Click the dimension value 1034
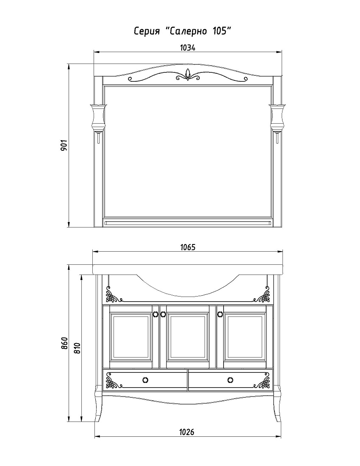tap(188, 47)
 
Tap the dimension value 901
tap(64, 145)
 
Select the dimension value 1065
tap(188, 247)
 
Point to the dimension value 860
tap(65, 343)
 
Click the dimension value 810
tap(77, 348)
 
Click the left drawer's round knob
tap(145, 380)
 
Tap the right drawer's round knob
tap(230, 380)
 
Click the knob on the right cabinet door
tap(220, 314)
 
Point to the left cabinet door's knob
tap(155, 314)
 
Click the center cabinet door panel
tap(188, 337)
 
